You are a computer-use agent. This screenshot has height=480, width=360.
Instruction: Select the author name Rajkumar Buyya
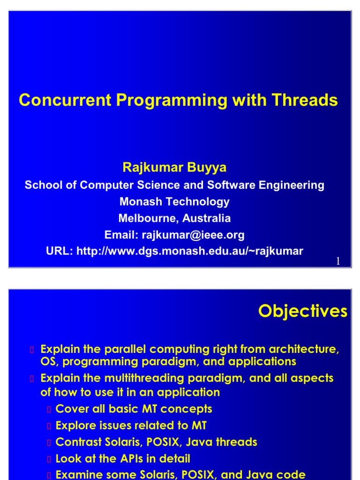click(174, 167)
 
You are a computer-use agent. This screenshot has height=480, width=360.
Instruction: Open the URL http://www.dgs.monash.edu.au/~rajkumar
click(189, 251)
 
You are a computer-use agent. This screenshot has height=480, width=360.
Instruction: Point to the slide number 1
click(338, 261)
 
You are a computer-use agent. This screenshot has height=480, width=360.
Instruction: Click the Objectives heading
click(303, 311)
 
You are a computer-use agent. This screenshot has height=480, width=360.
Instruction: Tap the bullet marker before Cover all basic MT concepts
click(48, 410)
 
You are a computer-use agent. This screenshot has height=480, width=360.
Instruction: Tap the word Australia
click(206, 218)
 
